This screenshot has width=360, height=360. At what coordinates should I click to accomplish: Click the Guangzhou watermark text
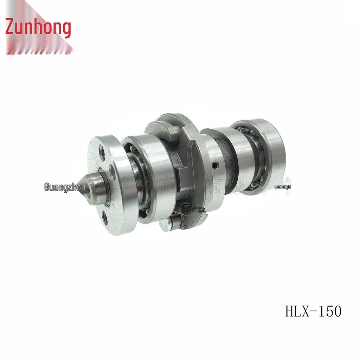point(65,186)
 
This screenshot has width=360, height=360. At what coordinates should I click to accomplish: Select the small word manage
point(283,187)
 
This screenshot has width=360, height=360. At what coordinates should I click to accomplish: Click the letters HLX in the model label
point(297,311)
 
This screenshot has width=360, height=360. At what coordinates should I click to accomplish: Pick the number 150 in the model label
point(330,311)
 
